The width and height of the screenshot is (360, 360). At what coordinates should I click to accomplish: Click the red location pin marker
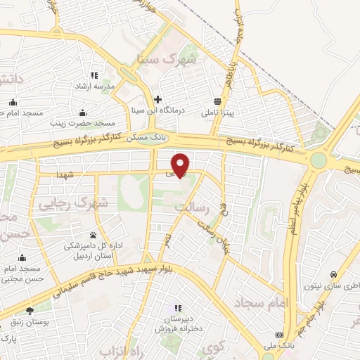(181, 164)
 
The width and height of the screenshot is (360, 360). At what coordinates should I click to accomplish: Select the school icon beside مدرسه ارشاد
(93, 75)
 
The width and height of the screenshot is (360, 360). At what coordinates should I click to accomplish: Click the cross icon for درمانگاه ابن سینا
(158, 99)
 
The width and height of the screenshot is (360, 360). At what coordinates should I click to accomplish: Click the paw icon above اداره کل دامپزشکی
(93, 235)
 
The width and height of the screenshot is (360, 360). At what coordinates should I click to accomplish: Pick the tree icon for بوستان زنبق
(30, 311)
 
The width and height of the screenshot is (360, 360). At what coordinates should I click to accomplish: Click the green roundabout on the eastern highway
(319, 160)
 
